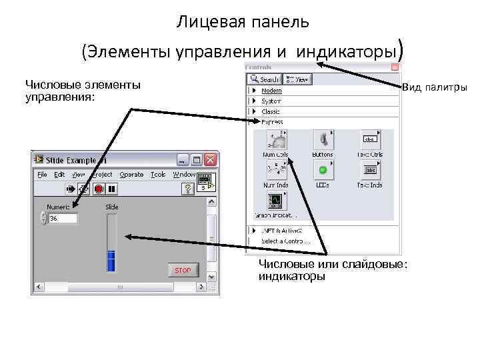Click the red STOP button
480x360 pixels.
point(183,270)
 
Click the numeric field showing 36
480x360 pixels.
point(63,218)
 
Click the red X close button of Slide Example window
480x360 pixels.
point(211,160)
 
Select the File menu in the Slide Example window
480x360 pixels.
point(42,174)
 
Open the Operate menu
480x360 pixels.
point(131,174)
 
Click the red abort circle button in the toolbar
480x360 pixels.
point(99,189)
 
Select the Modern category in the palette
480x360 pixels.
point(271,91)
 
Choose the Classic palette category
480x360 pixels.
point(271,111)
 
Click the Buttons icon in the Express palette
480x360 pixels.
point(323,140)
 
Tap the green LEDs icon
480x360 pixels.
point(323,170)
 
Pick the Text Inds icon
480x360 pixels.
point(370,170)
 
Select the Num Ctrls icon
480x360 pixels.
point(276,140)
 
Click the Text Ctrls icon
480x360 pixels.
point(370,140)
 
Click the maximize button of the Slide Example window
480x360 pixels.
point(197,160)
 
